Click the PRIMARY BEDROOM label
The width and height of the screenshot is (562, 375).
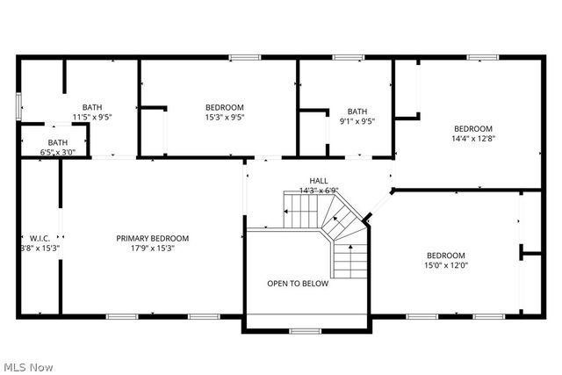[x=153, y=238]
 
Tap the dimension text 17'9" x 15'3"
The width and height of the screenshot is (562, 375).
[x=153, y=249]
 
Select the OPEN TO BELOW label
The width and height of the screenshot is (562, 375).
[x=298, y=284]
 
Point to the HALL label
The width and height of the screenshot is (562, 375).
[x=306, y=181]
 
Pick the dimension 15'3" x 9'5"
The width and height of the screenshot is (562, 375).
[x=224, y=118]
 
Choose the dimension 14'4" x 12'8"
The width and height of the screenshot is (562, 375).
[x=472, y=138]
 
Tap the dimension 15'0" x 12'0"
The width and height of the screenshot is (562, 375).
[x=445, y=265]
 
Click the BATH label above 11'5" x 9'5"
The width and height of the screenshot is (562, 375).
[x=92, y=107]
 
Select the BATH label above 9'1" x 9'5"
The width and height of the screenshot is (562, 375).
[x=357, y=112]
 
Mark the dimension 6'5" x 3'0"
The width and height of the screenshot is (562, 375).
[x=58, y=152]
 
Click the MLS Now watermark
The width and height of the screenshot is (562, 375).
[x=27, y=365]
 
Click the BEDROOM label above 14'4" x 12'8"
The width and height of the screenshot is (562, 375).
[x=472, y=128]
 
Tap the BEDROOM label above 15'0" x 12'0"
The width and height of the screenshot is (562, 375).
[x=445, y=256]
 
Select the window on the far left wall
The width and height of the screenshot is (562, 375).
[x=18, y=105]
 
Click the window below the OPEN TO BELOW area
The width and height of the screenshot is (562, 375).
[x=305, y=331]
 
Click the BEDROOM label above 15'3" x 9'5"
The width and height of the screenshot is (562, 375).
[x=224, y=108]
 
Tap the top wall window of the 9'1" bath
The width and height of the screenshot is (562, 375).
[x=348, y=58]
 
